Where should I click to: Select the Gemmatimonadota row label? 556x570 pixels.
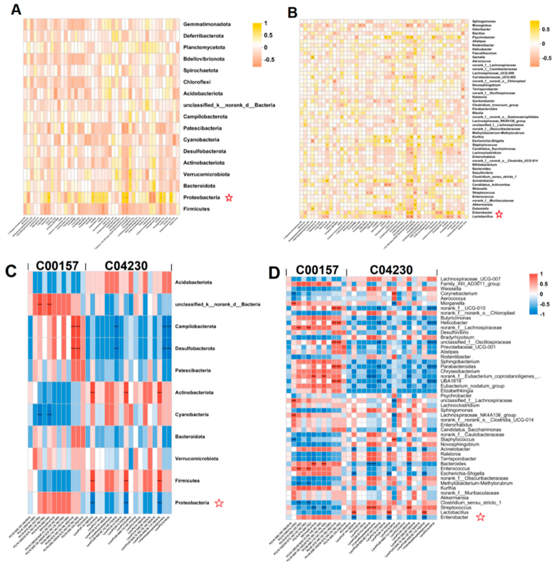[207, 24]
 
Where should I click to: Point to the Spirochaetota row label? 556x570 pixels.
[201, 70]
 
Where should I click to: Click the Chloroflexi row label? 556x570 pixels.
[197, 82]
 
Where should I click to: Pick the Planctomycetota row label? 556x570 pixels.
[204, 47]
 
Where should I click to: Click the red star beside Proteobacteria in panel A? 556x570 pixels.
[229, 198]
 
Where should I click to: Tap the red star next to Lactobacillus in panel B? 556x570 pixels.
[499, 214]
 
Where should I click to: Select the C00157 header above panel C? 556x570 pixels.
[57, 266]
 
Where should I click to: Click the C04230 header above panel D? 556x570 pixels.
[391, 270]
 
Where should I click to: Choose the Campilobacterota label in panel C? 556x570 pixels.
[196, 326]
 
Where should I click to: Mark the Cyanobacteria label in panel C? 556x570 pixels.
[192, 414]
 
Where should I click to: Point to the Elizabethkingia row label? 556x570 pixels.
[457, 391]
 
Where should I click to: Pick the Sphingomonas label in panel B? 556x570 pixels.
[484, 21]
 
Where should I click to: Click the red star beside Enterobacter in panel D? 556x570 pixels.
[480, 517]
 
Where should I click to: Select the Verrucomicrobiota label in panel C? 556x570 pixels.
[197, 458]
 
